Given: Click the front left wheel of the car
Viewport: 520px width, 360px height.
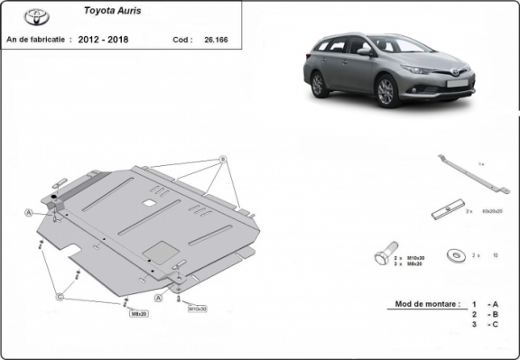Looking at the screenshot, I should pyautogui.click(x=388, y=91).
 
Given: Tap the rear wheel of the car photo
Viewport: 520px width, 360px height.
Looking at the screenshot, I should pyautogui.click(x=318, y=85).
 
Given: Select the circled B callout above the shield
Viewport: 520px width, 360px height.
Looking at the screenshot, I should pyautogui.click(x=222, y=160).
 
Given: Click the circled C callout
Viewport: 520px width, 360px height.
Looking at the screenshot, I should pyautogui.click(x=60, y=296).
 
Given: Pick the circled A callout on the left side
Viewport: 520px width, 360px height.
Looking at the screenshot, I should pyautogui.click(x=28, y=213).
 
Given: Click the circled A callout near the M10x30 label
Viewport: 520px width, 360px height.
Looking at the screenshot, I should pyautogui.click(x=159, y=296).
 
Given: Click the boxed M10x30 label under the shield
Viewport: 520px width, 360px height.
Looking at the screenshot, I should pyautogui.click(x=197, y=309).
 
